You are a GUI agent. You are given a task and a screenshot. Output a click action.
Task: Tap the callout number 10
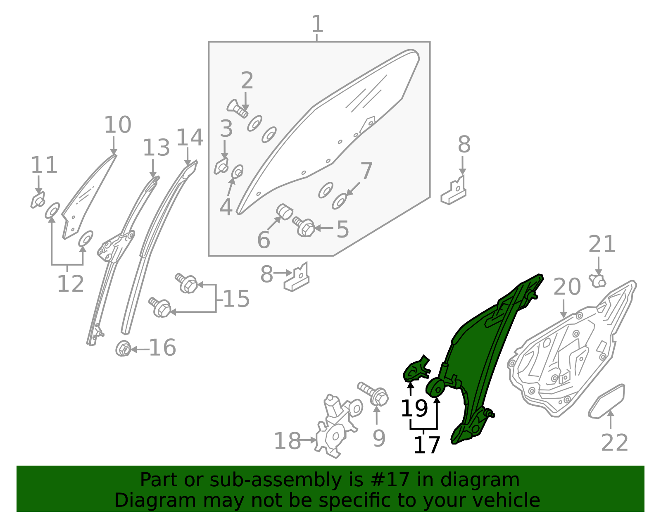(x=117, y=125)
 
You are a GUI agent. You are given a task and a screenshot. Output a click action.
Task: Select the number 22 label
(x=614, y=443)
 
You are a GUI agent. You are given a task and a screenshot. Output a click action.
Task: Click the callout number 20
(x=567, y=287)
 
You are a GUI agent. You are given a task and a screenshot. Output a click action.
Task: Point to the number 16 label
(x=162, y=348)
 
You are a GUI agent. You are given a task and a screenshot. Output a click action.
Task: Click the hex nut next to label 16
(x=123, y=349)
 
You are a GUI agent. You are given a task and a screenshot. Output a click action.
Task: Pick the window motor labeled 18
(x=335, y=428)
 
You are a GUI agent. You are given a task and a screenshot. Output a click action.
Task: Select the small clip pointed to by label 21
(x=598, y=281)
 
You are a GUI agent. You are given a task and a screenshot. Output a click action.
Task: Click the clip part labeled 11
(x=38, y=201)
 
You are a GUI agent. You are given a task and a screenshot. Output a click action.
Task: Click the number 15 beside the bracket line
(x=236, y=299)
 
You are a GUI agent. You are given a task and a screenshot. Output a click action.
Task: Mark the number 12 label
(x=70, y=284)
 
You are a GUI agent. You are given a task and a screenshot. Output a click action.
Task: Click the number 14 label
(x=190, y=138)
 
